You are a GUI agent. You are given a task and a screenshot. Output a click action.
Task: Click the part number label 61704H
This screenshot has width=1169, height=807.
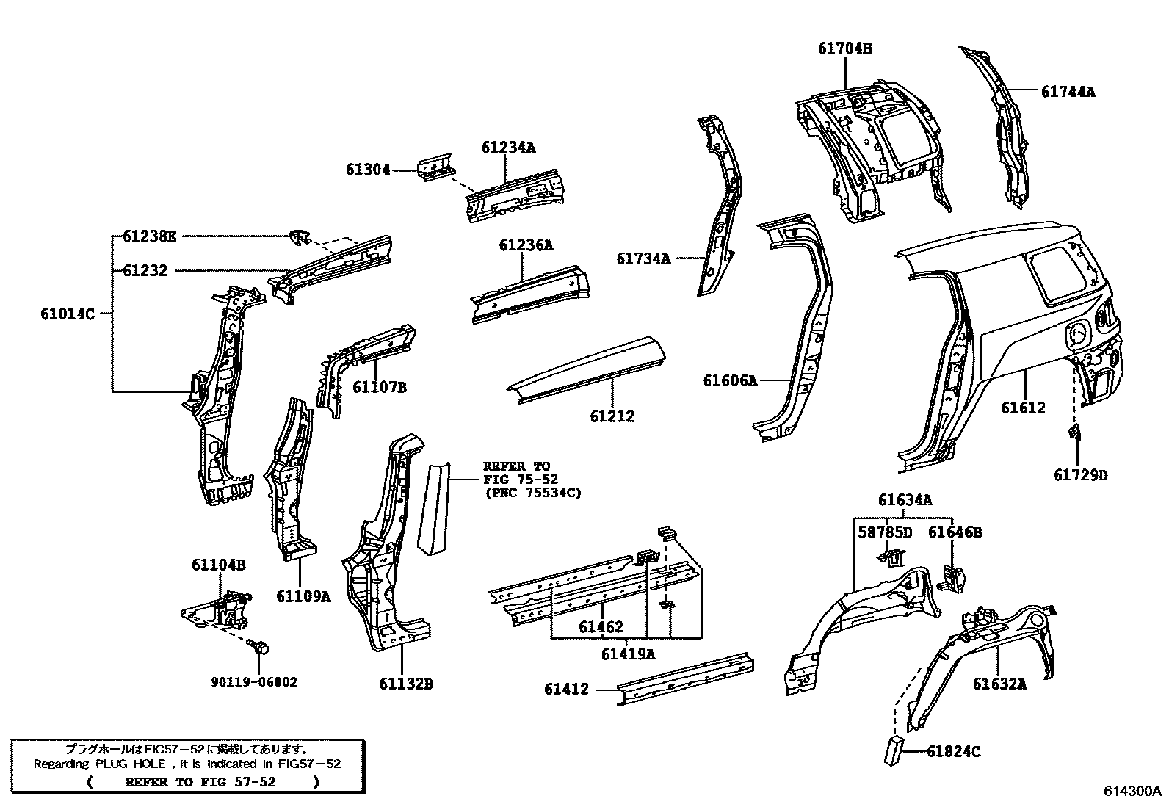coord(845,48)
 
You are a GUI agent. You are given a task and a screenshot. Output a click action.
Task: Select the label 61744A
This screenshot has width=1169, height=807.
coord(1068,92)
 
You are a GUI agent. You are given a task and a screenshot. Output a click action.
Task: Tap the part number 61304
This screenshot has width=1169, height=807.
coord(368,170)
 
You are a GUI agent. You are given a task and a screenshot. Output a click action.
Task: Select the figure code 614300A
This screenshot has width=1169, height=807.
coord(1132,792)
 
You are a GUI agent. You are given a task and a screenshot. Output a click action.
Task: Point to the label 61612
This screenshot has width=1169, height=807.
coord(1022,408)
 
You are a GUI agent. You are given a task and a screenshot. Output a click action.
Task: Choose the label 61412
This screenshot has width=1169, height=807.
coord(566,689)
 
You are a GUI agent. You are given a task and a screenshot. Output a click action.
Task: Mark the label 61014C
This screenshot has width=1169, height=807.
coord(68,314)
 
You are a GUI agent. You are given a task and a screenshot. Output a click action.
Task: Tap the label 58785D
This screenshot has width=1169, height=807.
coord(885,532)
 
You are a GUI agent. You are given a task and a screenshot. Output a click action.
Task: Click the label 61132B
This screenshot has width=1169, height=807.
coord(406,684)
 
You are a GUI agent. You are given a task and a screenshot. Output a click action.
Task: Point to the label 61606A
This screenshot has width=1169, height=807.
coord(729,380)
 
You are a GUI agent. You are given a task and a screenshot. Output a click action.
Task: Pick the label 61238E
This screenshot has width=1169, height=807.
coord(150,236)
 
